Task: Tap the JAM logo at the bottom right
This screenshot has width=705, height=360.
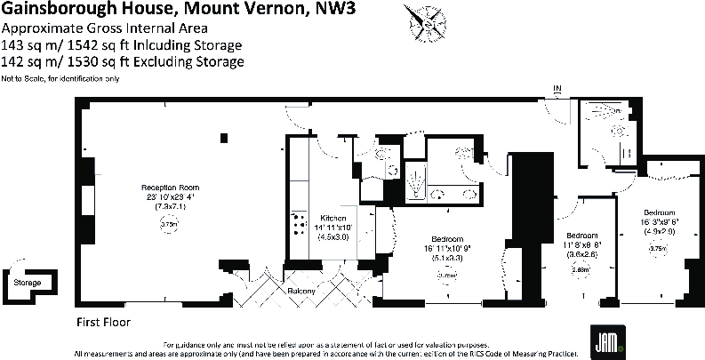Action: tap(605, 338)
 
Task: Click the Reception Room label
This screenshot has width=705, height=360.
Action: tap(169, 188)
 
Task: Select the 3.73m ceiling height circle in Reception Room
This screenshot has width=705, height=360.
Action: tap(169, 226)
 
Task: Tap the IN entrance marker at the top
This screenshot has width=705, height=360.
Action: tap(557, 88)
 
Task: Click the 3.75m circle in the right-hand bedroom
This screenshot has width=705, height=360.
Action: tap(658, 249)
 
